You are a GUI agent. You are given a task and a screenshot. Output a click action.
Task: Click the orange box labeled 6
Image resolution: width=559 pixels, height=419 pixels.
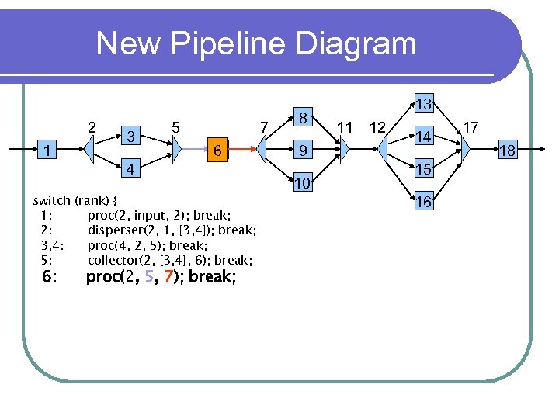[220, 151]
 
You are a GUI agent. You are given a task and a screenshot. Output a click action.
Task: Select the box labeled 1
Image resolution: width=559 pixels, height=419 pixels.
[49, 151]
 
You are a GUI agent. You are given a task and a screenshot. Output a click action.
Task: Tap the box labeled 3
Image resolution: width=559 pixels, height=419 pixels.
[132, 137]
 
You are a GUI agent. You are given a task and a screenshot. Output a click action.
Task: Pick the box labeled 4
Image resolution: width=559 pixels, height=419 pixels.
[132, 168]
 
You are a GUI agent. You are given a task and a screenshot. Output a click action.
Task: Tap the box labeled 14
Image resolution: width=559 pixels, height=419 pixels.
[423, 137]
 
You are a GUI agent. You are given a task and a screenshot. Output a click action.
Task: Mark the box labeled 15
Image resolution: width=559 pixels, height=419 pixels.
[423, 169]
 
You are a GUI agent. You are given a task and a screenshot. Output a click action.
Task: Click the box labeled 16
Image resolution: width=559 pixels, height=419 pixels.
[423, 202]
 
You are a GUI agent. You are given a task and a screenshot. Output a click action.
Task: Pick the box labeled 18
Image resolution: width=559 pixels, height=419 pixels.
[507, 151]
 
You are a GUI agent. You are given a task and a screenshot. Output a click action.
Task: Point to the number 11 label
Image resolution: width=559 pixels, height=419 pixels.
[345, 126]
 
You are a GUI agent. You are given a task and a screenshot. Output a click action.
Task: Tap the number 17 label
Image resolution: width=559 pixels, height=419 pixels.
[470, 126]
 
